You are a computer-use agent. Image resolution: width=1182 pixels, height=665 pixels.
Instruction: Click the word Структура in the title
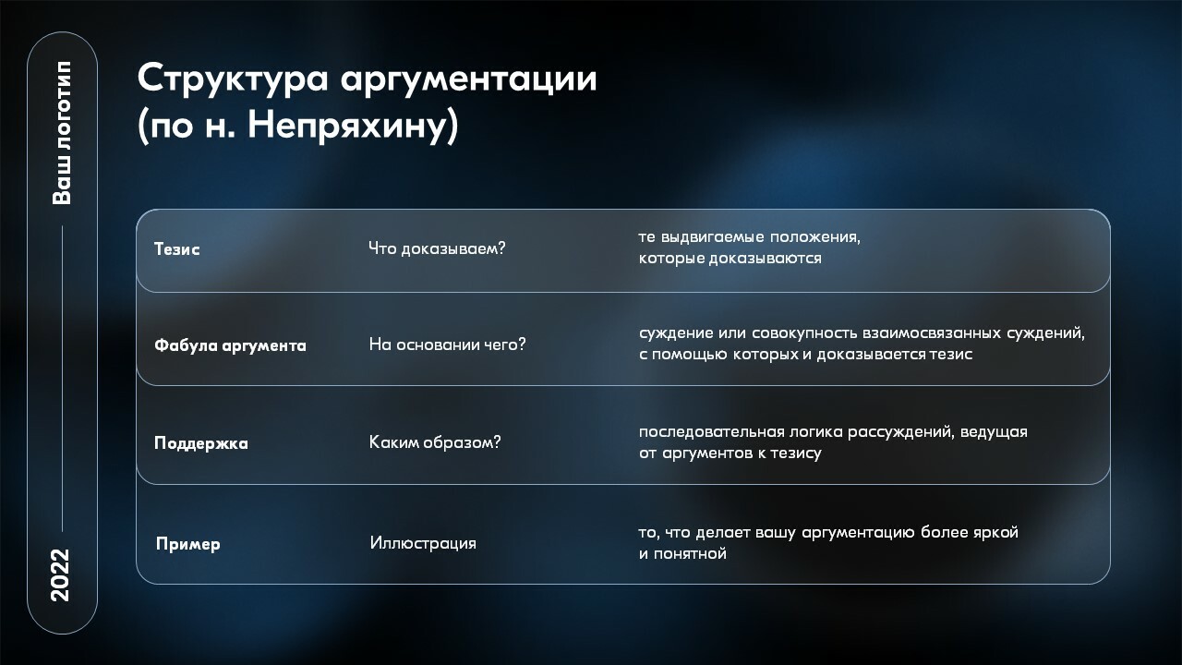tap(233, 79)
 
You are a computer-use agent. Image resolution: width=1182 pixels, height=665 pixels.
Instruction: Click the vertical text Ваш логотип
tap(62, 132)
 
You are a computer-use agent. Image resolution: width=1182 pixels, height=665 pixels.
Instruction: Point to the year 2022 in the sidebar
tap(61, 574)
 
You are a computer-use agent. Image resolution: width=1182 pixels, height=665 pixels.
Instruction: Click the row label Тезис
tap(176, 248)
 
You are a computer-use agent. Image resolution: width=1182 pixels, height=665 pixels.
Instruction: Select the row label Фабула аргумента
tap(230, 345)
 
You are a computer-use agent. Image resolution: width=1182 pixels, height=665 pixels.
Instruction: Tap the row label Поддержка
tap(201, 442)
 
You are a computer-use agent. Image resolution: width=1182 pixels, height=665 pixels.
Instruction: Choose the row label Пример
tap(187, 544)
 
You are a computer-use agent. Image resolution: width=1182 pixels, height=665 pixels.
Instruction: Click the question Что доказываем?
tap(437, 248)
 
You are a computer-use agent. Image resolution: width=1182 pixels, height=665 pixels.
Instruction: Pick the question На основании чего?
tap(448, 345)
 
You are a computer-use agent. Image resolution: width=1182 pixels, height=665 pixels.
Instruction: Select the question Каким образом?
tap(435, 441)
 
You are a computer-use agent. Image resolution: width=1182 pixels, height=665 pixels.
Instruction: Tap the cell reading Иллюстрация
tap(423, 542)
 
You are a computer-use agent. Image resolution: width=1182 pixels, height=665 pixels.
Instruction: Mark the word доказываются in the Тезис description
tap(765, 259)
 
